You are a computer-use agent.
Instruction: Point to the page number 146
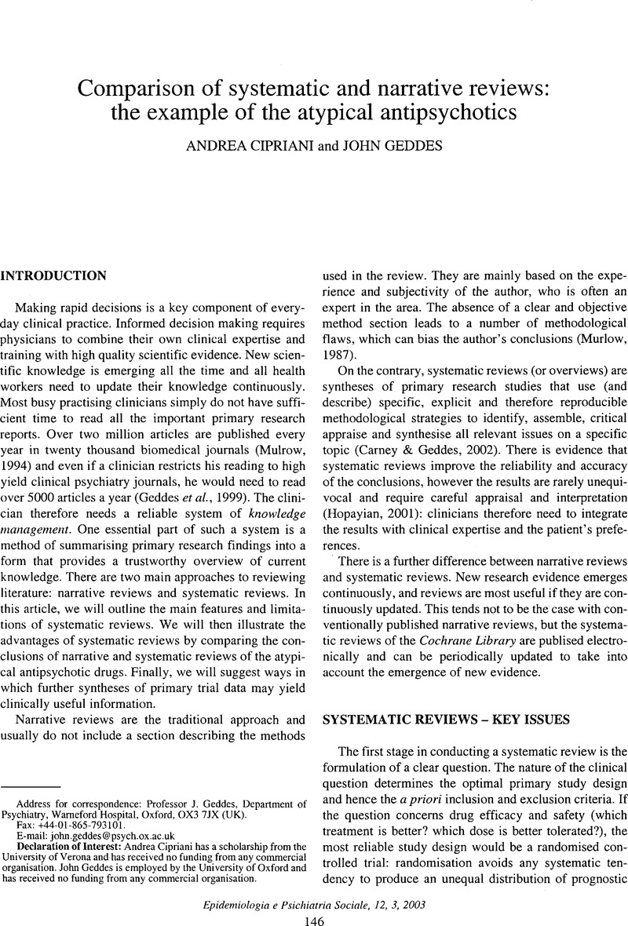tap(314, 911)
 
